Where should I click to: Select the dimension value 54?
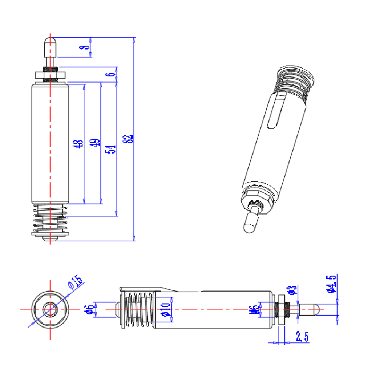click(x=111, y=149)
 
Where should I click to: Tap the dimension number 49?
click(x=95, y=143)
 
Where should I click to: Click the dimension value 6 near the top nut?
click(x=111, y=74)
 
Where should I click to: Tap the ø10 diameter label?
click(x=165, y=309)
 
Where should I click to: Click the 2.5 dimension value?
click(x=302, y=336)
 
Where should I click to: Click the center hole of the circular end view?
click(x=49, y=310)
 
